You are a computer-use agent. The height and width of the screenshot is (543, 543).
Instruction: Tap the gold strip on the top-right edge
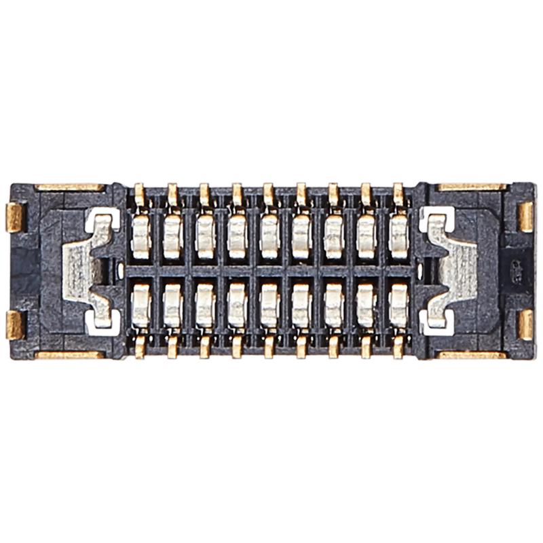pos(472,187)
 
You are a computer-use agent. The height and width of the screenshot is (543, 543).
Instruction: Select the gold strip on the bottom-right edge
pos(472,354)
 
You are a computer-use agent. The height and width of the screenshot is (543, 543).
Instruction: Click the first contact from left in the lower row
pos(141,305)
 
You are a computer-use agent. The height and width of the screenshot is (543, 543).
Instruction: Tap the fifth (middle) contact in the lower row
pos(269,305)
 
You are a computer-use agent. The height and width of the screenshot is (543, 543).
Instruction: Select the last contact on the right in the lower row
pos(398,305)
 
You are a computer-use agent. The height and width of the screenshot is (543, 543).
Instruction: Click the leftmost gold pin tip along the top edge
pos(140,193)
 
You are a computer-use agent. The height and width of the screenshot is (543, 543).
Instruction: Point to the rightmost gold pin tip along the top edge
pos(398,193)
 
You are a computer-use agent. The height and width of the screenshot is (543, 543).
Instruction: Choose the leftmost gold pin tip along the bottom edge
pos(140,347)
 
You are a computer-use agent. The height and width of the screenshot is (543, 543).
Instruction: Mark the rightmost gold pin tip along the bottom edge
pos(398,347)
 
